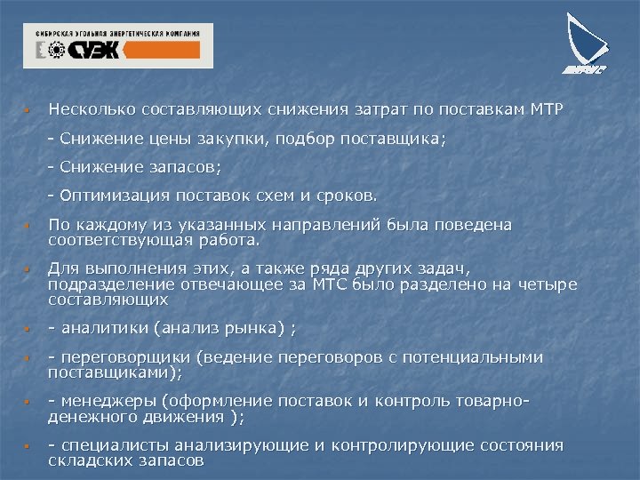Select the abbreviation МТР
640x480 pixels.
pyautogui.click(x=548, y=109)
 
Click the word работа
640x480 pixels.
pyautogui.click(x=229, y=240)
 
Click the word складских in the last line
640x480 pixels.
pyautogui.click(x=88, y=460)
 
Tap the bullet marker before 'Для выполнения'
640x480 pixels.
pyautogui.click(x=28, y=269)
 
